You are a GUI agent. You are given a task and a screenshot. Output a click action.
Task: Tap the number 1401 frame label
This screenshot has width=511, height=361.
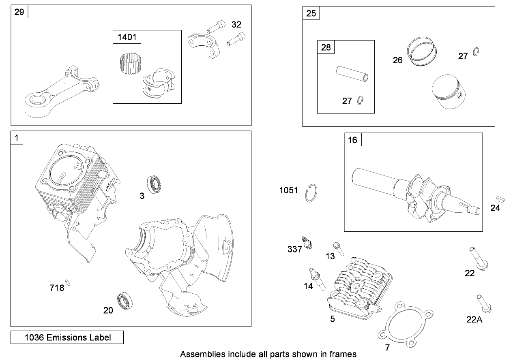127,38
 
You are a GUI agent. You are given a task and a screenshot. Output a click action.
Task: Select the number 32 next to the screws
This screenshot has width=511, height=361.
236,24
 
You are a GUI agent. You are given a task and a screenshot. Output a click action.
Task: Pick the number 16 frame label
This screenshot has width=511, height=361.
353,140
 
